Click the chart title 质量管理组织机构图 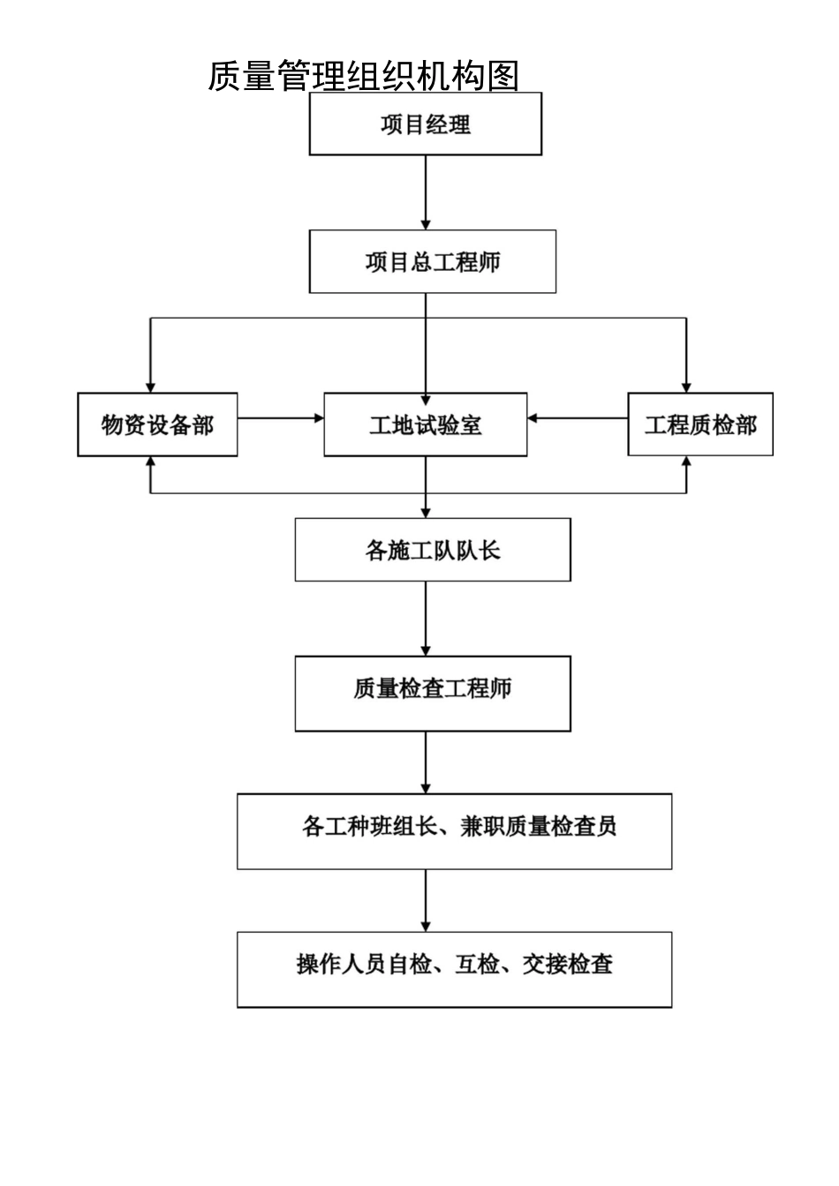tap(363, 76)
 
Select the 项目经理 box tap(425, 124)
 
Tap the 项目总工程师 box tap(432, 261)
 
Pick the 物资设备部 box tap(157, 424)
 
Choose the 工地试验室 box tap(425, 424)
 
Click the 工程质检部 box tap(700, 424)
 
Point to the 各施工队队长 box tap(432, 550)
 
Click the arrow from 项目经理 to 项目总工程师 tap(426, 192)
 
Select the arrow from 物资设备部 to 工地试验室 tap(281, 418)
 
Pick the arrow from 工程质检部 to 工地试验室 tap(578, 418)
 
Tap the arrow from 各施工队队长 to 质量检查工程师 tap(426, 618)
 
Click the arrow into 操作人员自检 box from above tap(426, 900)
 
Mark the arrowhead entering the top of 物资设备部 tap(151, 387)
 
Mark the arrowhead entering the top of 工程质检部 tap(686, 387)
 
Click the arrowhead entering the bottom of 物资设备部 tap(151, 462)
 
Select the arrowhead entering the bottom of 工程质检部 tap(686, 462)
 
